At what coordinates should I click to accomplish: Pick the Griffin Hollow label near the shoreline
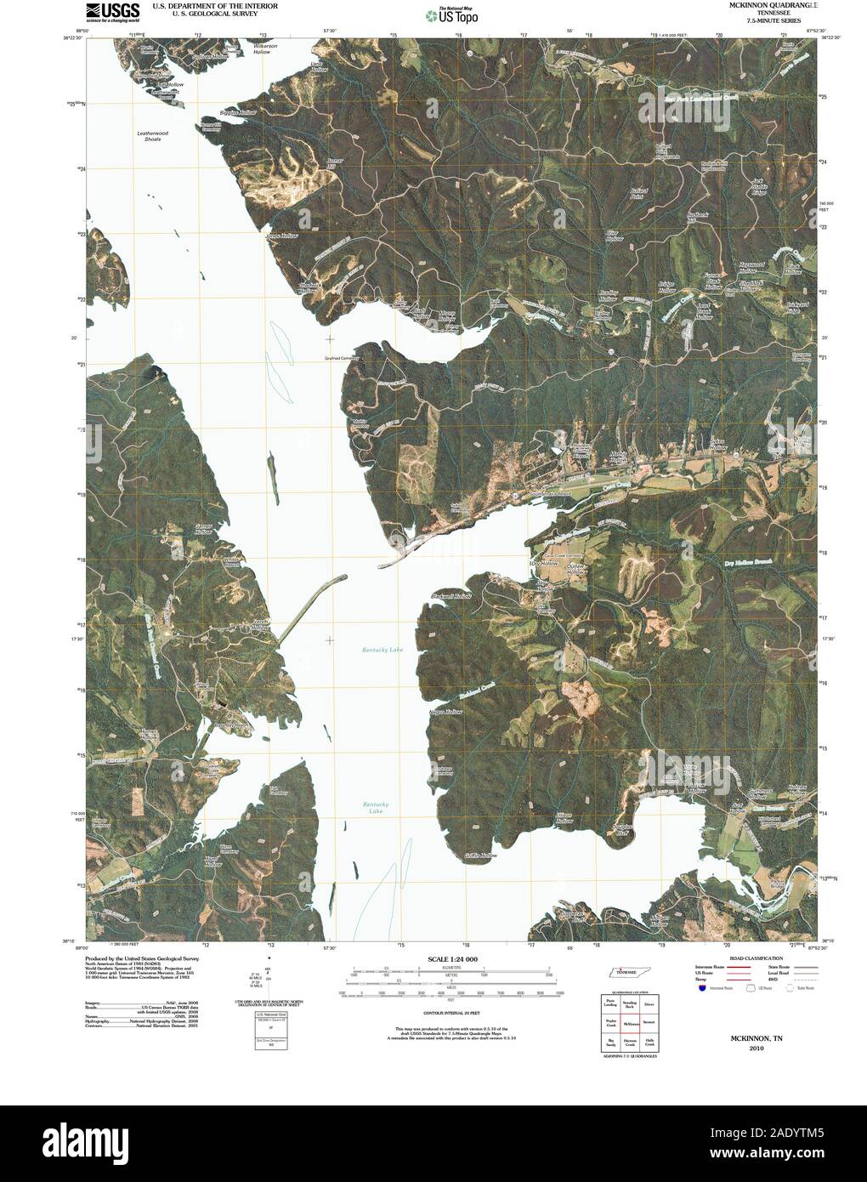(480, 855)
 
